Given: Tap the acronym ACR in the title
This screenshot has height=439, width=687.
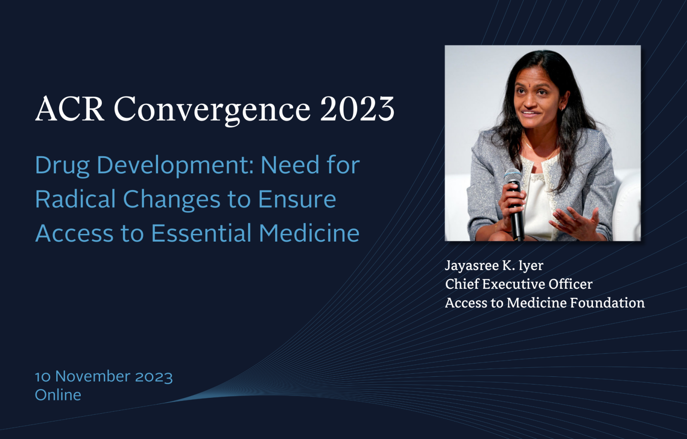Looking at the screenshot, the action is (x=70, y=109).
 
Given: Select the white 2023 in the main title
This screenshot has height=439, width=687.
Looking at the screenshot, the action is (x=357, y=109).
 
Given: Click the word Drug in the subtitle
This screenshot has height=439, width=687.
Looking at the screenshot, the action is (x=62, y=166).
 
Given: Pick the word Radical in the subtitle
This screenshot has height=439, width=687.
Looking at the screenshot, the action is (x=75, y=199).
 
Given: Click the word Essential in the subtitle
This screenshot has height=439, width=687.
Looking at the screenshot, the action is (x=201, y=233).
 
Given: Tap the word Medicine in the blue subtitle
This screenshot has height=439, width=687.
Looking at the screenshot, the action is (x=309, y=233).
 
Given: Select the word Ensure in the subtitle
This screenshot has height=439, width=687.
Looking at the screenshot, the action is (x=297, y=200).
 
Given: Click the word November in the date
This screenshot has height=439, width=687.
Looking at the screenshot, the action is (x=92, y=376).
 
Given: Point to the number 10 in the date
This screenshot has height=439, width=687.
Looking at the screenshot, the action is (x=43, y=377).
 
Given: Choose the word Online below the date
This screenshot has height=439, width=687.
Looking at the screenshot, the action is (x=58, y=395).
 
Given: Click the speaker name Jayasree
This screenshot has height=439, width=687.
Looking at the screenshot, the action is (x=472, y=266).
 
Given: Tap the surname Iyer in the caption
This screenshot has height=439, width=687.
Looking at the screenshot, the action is (x=531, y=266).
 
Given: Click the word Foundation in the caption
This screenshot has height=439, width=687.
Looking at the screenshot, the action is (x=607, y=303).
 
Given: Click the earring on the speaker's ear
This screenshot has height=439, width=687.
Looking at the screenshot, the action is (x=562, y=108).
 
